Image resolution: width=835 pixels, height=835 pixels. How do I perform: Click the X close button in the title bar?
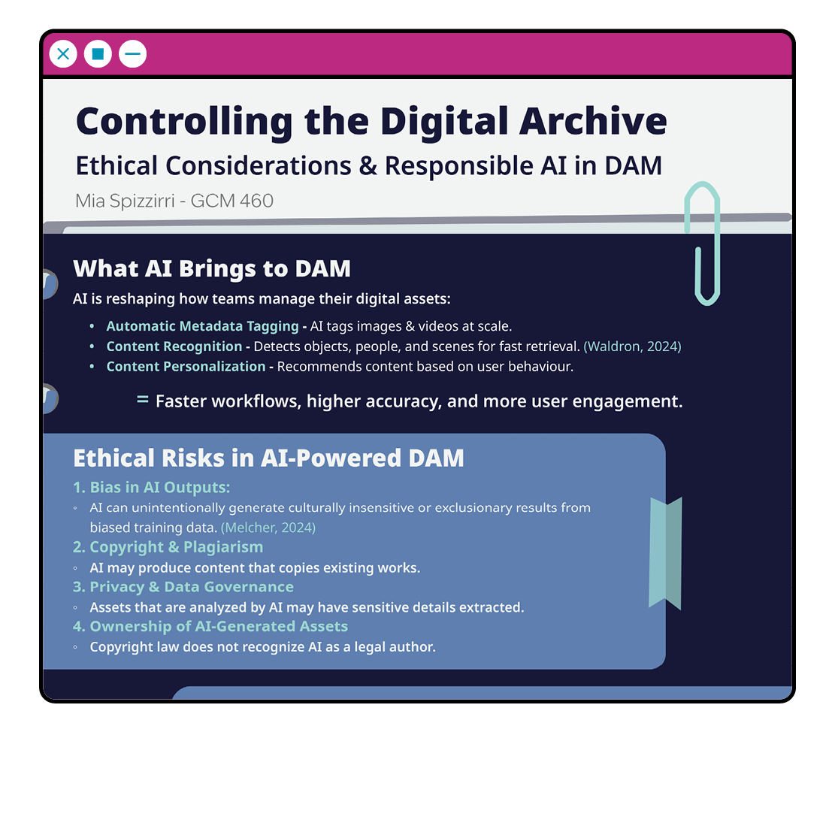63,54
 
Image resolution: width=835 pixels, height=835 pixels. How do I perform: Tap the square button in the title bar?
98,54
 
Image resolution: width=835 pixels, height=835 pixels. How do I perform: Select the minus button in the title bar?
132,54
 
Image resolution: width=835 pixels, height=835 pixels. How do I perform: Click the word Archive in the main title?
593,122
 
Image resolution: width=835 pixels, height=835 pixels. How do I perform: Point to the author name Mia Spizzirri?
126,201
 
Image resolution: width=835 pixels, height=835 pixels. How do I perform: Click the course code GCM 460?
232,201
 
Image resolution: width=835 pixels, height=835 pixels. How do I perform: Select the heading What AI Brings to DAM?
212,268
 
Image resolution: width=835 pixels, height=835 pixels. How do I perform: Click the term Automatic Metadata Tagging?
202,326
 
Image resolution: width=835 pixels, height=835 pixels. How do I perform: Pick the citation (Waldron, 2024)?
632,346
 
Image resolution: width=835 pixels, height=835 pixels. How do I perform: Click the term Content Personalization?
186,366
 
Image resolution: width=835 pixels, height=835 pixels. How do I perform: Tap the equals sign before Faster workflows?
143,399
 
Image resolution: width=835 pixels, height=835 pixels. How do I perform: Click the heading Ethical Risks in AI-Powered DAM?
269,458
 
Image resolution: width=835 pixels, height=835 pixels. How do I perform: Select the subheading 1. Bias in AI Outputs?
151,487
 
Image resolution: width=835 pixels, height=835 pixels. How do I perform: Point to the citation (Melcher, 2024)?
268,527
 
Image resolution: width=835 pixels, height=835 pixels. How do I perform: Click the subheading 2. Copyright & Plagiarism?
168,547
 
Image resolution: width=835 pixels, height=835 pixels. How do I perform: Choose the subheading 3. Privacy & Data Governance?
183,587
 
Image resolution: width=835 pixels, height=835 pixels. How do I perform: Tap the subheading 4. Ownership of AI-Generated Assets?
210,626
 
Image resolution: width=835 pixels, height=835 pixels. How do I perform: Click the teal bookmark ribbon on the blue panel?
665,552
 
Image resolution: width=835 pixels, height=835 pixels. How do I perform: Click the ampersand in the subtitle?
368,165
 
